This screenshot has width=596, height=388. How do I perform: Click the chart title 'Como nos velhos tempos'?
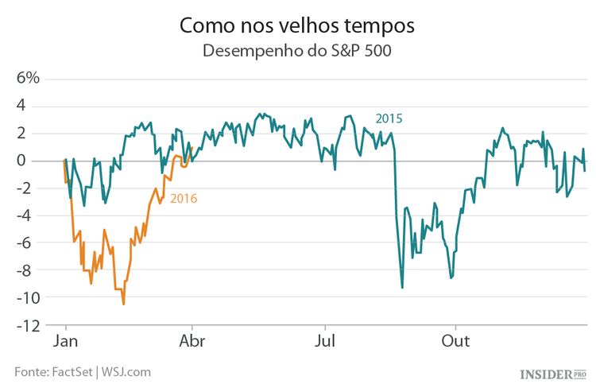[x=297, y=25]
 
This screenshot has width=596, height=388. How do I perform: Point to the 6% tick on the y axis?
[x=24, y=79]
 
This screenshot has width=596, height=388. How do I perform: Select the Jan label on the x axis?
[x=65, y=341]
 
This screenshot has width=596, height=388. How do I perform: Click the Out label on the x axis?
[x=455, y=341]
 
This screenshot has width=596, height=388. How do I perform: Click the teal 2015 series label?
[x=389, y=118]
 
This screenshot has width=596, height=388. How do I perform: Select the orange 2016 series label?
[x=184, y=199]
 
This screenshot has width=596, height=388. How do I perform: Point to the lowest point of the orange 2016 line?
[x=123, y=304]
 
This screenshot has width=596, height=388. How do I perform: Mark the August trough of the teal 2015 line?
[x=402, y=287]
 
